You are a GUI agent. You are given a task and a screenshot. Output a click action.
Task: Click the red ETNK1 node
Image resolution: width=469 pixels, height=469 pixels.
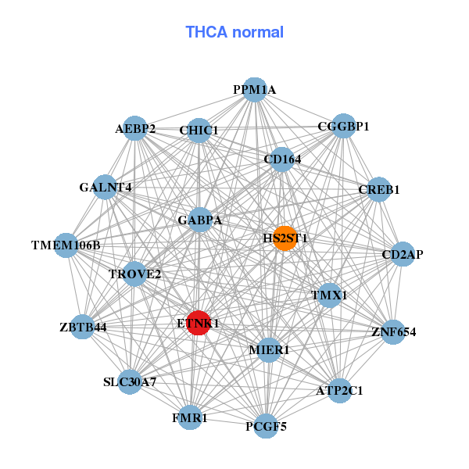(199, 323)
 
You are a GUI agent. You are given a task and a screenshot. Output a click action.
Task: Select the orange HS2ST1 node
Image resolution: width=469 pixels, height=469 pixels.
(285, 238)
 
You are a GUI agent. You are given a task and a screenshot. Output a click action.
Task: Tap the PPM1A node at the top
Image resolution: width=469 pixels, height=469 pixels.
(254, 90)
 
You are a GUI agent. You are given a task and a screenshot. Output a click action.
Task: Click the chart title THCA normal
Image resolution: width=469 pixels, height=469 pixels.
(234, 32)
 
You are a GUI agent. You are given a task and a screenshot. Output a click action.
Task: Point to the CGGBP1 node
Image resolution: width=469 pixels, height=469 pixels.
(343, 126)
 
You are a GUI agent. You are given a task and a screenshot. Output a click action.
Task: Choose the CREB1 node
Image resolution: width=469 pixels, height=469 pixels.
(378, 189)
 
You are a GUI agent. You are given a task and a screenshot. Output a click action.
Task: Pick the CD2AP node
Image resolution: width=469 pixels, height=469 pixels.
(402, 254)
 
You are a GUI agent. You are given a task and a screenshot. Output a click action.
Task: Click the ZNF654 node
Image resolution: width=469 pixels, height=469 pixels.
(393, 332)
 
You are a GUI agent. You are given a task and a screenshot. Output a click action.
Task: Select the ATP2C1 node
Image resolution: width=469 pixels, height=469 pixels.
(339, 389)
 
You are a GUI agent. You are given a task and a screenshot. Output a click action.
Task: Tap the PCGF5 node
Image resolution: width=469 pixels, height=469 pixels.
(266, 426)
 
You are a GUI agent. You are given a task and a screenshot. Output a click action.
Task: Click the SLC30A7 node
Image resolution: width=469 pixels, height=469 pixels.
(131, 382)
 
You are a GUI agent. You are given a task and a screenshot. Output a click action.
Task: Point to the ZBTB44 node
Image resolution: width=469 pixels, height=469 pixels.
(84, 327)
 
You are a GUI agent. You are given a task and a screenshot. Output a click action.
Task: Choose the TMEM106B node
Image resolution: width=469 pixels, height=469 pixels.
(66, 245)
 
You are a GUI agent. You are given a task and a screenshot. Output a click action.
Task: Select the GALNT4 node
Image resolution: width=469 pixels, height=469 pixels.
(106, 187)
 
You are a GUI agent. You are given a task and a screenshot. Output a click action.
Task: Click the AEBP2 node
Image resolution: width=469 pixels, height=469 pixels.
(135, 129)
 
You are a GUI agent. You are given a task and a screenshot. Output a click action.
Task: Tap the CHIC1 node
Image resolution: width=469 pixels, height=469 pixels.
(199, 130)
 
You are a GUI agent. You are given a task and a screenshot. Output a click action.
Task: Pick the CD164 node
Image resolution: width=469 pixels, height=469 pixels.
(281, 159)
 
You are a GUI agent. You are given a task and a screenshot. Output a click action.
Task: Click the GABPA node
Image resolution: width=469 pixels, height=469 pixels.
(199, 220)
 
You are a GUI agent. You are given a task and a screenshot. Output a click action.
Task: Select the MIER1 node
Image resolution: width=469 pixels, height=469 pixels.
(269, 349)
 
